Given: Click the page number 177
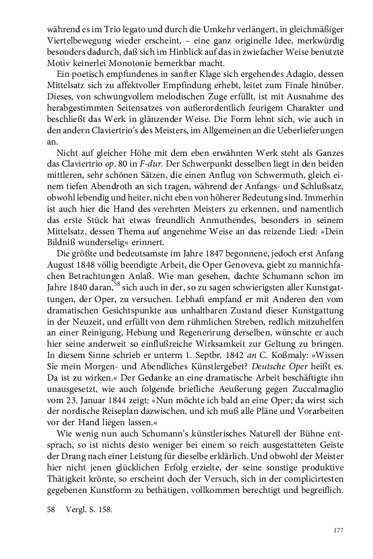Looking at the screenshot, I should pyautogui.click(x=339, y=530).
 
